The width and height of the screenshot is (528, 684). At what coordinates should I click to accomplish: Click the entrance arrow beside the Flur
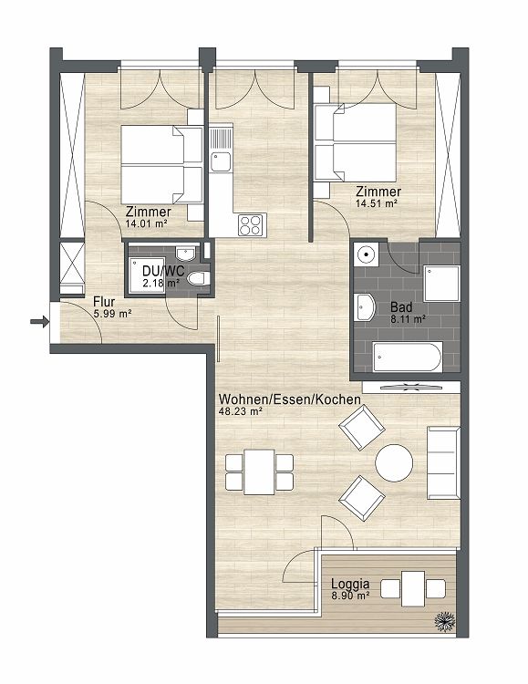point(37,320)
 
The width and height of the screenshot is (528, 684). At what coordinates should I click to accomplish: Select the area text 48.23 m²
point(241,411)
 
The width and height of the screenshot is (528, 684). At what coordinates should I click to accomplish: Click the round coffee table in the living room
point(395,463)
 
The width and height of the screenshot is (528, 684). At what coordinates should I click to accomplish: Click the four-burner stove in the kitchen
point(250,223)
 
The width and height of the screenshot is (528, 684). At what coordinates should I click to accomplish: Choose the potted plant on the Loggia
point(443,619)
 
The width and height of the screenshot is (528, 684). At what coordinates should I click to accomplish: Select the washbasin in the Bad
point(365,307)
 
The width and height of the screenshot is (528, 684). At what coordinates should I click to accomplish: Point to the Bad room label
point(400,307)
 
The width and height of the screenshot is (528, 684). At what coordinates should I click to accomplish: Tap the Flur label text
point(104,302)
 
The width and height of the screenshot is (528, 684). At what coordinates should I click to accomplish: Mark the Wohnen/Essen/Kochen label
point(289,399)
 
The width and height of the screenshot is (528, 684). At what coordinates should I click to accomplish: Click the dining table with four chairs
point(260,472)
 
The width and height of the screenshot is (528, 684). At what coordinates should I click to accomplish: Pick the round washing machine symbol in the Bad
point(365,255)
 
